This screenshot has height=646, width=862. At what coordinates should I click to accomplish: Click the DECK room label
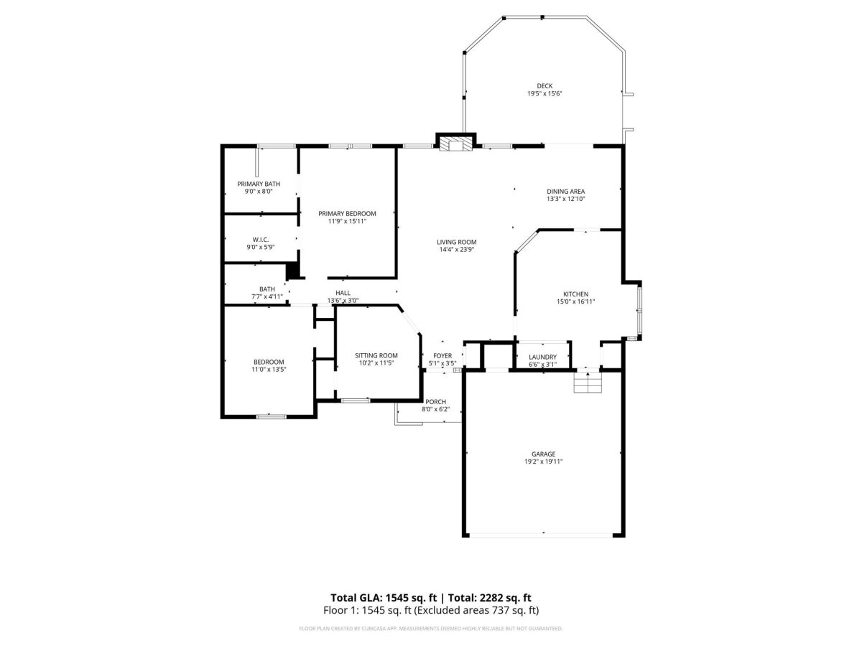pos(544,86)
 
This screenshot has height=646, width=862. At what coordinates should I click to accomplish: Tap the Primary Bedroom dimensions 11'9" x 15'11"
pos(347,221)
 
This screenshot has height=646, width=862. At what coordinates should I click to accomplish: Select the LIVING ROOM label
pos(456,242)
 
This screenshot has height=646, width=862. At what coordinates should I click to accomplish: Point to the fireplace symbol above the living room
pos(455,143)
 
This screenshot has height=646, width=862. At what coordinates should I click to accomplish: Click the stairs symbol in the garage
pos(588,383)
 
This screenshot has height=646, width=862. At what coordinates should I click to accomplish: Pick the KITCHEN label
pos(575,294)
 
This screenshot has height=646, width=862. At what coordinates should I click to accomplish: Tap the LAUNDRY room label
pos(542,357)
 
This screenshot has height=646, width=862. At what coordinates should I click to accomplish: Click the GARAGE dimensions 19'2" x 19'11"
pos(543,462)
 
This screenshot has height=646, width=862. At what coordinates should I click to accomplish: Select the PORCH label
pos(435,402)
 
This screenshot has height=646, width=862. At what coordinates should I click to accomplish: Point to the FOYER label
pos(442,356)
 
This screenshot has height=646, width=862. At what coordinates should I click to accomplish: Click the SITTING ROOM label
pos(376,355)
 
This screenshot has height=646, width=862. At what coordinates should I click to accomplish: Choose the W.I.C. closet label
pos(260,240)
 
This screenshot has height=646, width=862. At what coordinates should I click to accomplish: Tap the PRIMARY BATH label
pos(259,184)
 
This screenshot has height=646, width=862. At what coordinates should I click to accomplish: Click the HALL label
pos(343,293)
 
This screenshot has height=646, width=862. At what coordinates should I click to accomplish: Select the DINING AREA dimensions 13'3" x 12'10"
pos(565,199)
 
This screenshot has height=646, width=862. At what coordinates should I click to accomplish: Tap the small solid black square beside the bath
pos(292,271)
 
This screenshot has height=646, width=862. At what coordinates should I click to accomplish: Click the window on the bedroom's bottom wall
pos(271,416)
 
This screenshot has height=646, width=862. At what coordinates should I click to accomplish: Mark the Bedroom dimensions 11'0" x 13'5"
pos(269,369)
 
